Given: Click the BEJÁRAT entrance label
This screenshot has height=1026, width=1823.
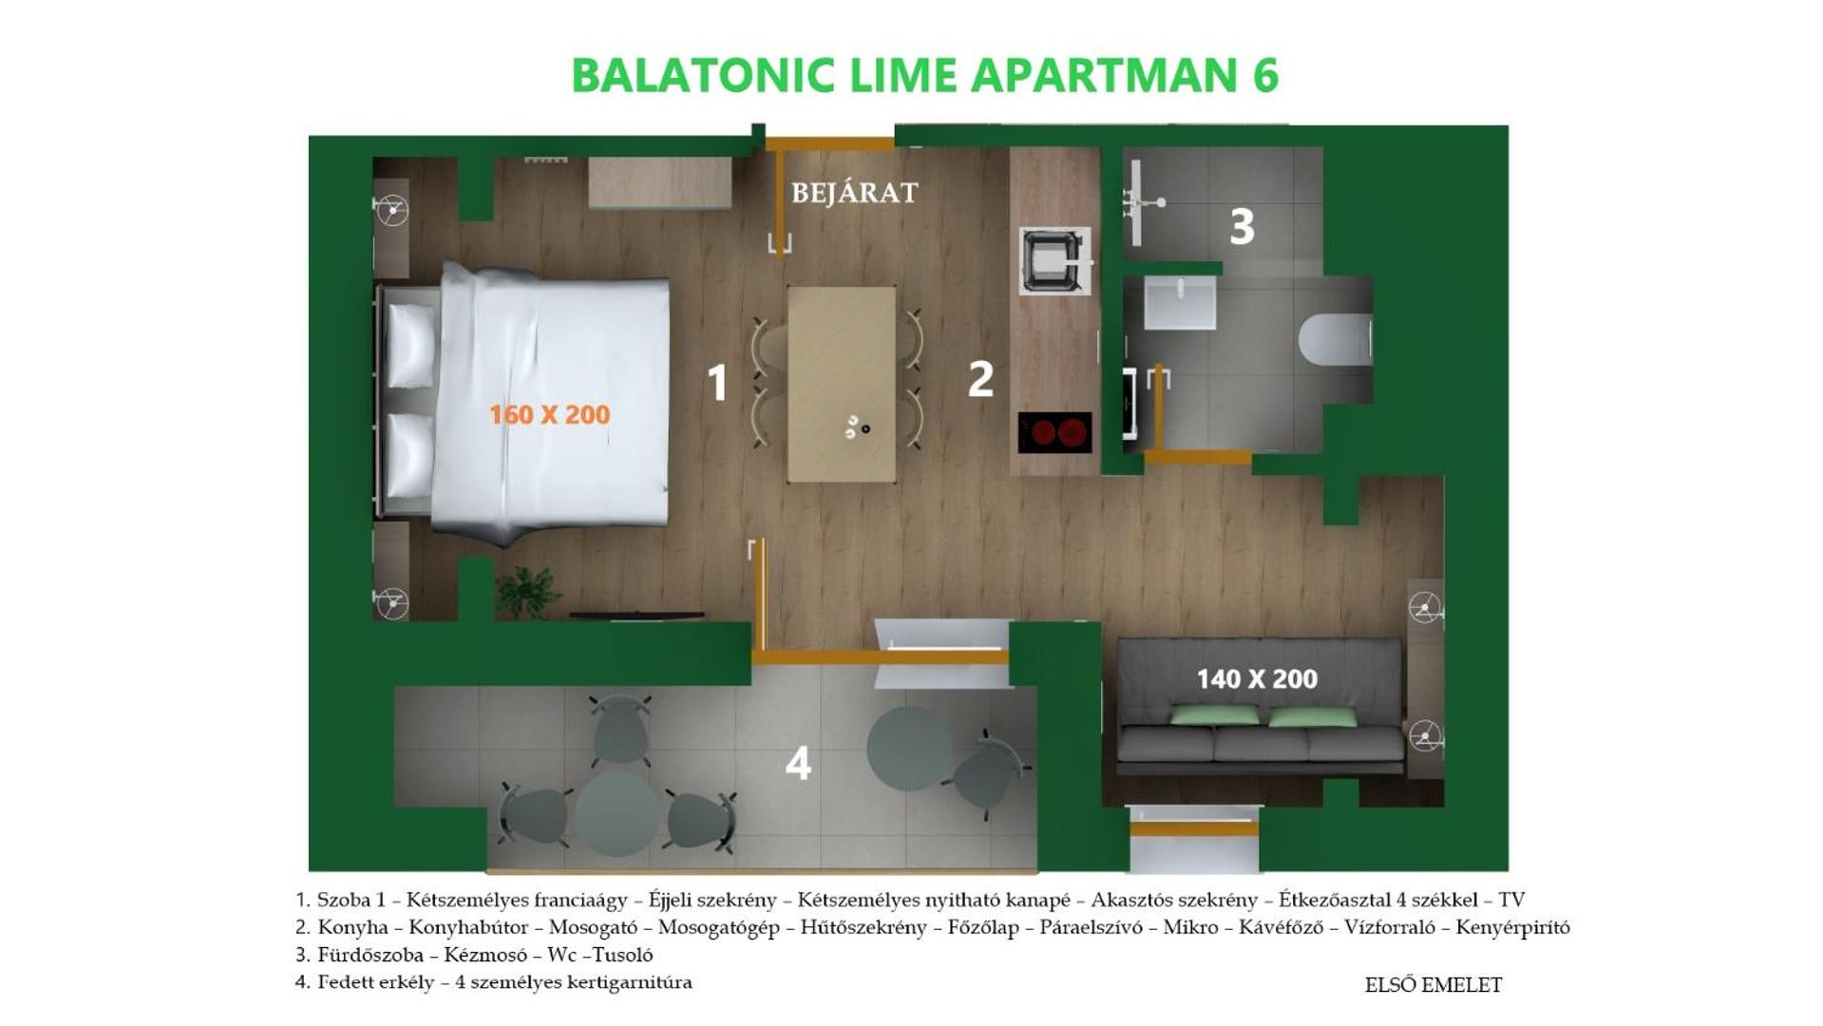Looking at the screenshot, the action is (854, 193).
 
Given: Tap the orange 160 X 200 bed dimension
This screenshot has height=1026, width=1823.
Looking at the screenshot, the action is (549, 414).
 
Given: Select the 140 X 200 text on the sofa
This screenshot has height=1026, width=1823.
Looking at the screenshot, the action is (1256, 679).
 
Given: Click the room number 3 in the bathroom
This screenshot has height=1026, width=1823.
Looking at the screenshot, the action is (1242, 227).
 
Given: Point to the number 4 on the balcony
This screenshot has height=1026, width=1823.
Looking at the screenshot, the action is (798, 763).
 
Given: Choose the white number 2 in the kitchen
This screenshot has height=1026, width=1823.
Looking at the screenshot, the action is (980, 378).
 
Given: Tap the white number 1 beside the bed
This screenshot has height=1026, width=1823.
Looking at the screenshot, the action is (718, 382).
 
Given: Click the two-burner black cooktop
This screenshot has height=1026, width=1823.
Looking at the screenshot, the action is (1054, 432).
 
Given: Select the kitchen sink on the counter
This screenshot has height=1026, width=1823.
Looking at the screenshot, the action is (1054, 260).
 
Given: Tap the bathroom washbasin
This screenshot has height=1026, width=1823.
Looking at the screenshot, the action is (1180, 302).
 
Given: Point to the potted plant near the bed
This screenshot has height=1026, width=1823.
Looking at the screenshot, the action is (526, 591).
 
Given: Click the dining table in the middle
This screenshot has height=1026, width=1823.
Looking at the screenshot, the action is (842, 384).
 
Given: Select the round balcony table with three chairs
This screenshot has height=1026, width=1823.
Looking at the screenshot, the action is (617, 814).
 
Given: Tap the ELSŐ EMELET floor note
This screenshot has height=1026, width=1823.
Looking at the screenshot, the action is (1433, 985).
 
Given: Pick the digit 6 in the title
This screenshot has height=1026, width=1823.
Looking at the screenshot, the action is (1265, 76).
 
